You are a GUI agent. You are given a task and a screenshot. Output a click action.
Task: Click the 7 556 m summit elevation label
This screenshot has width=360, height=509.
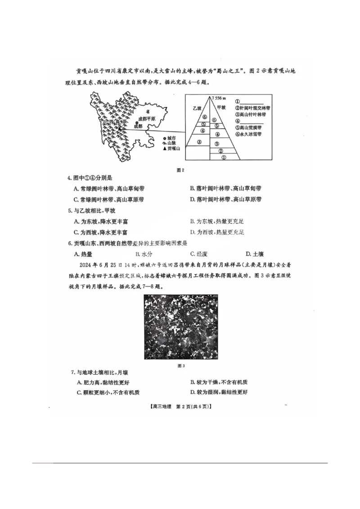pos(220,98)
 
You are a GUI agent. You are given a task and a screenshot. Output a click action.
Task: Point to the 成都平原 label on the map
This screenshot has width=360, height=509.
pos(147,119)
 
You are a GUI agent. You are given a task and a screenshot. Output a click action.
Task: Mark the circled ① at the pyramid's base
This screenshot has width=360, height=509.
pos(223,157)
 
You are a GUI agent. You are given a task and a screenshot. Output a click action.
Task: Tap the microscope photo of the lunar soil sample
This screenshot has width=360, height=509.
pos(181,327)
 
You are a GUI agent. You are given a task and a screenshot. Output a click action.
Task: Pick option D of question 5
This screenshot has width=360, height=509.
pos(217,232)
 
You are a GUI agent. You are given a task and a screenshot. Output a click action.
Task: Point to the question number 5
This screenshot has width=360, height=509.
pos(70,210)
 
